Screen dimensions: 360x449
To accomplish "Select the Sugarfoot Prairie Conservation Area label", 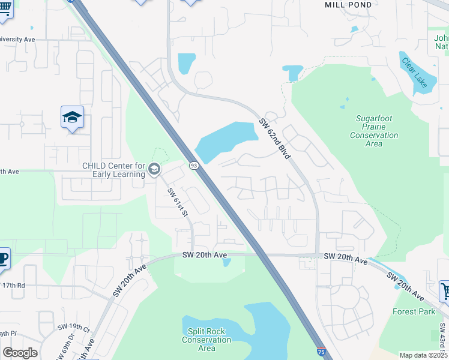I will [x=373, y=131].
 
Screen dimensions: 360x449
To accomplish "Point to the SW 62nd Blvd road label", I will [x=275, y=139].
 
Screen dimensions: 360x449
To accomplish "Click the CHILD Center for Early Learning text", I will [x=114, y=170].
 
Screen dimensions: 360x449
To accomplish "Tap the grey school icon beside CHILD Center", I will [x=154, y=170].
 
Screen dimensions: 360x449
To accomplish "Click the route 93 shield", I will [x=193, y=165].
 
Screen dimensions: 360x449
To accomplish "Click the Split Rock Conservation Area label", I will [x=206, y=340].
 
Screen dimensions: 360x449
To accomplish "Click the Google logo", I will [x=20, y=353].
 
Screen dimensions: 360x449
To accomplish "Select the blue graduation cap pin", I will [x=72, y=118].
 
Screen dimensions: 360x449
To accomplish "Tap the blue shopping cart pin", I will [x=445, y=291].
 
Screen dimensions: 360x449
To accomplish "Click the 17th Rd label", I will [x=13, y=286].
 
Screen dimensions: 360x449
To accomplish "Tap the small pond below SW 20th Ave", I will [x=226, y=262].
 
